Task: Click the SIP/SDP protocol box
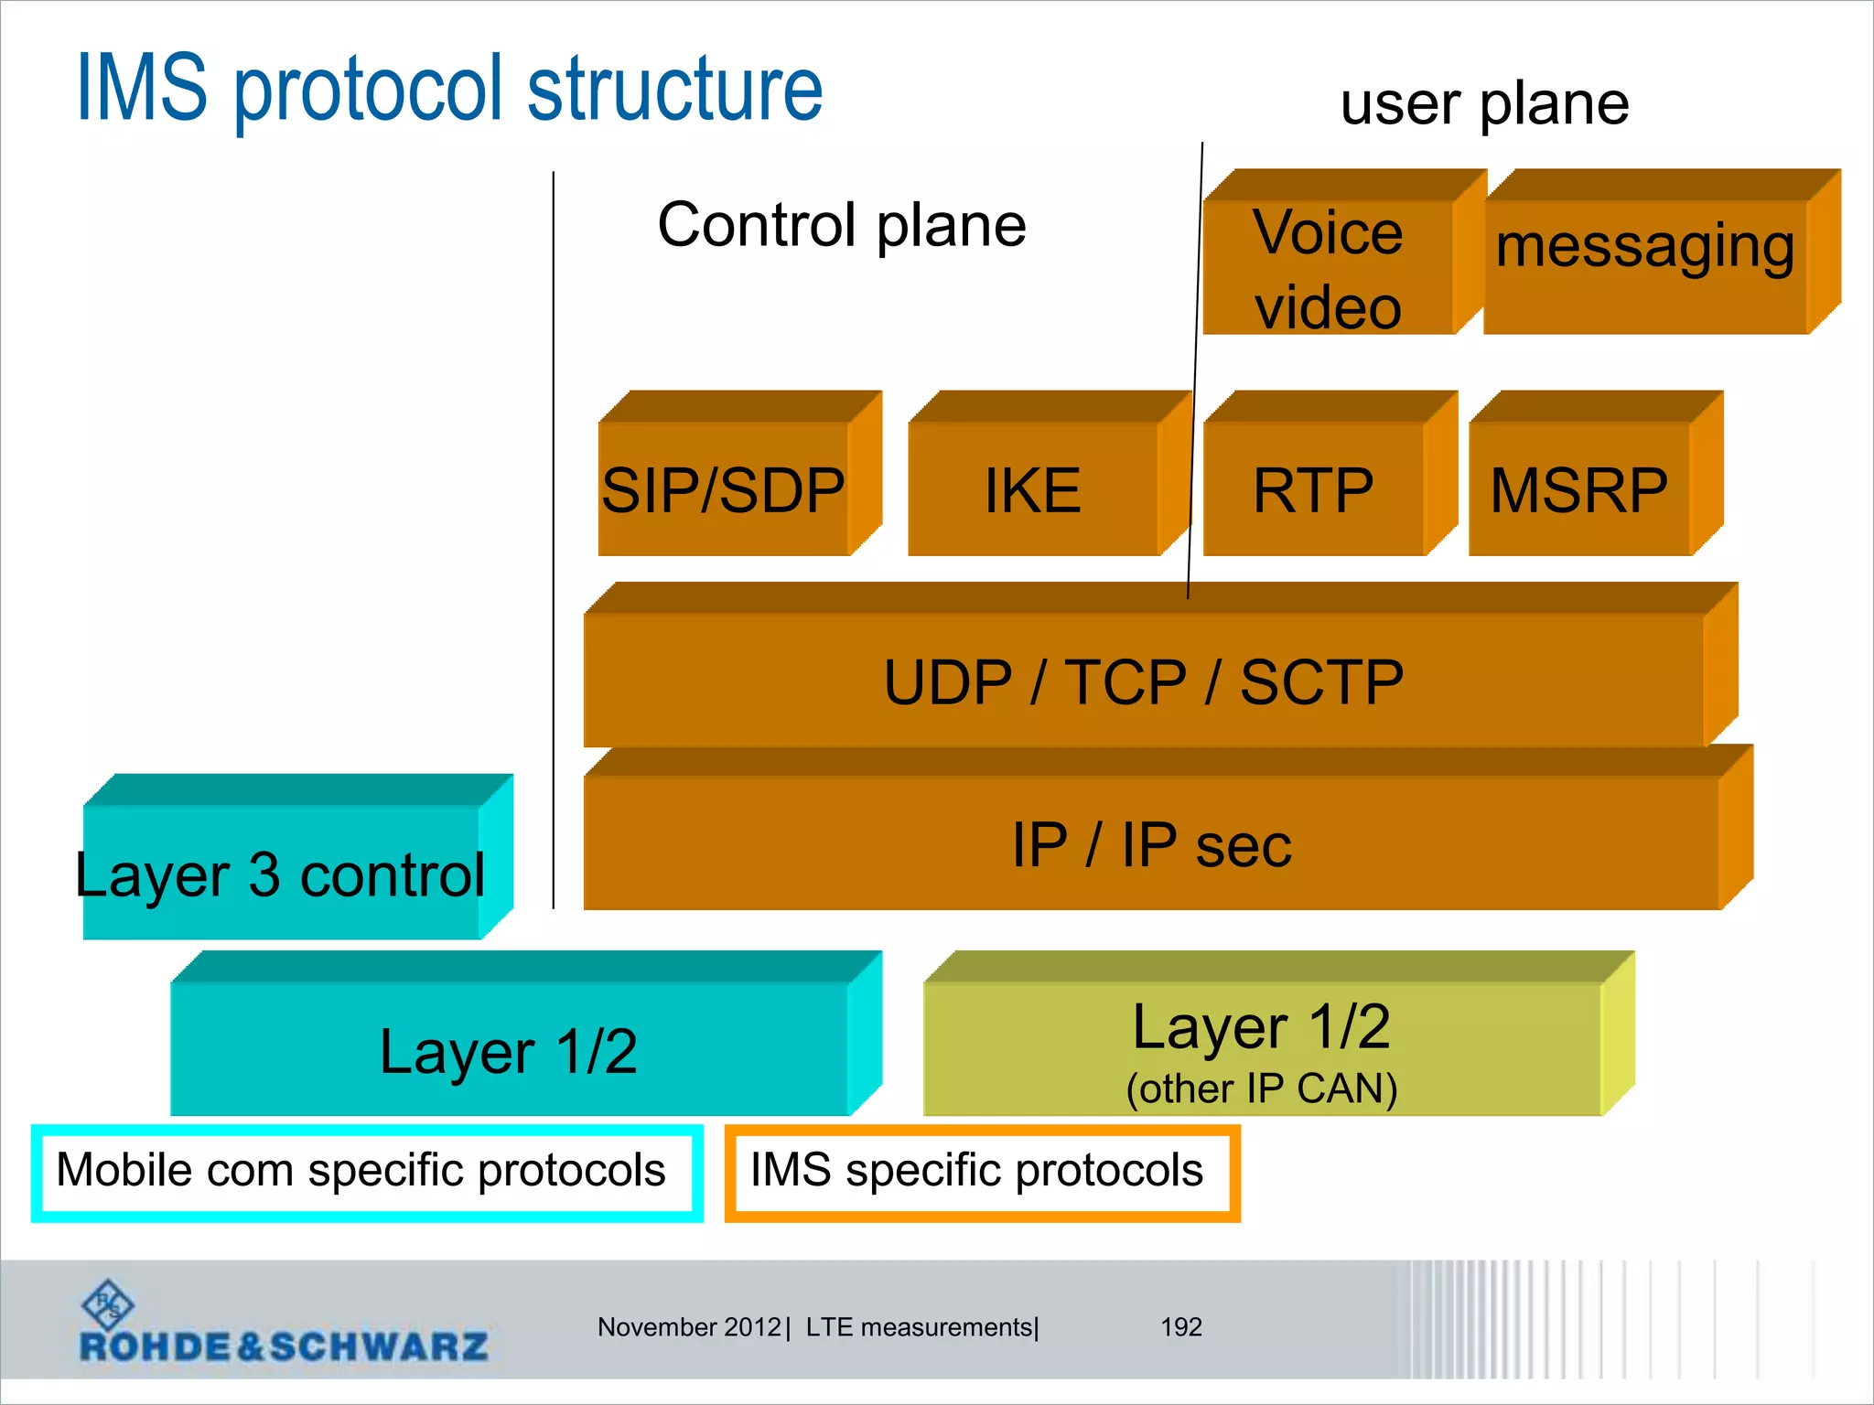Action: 724,489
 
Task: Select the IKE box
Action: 1033,489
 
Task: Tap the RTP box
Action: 1313,489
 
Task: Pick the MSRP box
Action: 1579,489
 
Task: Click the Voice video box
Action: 1328,268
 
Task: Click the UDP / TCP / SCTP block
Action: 1144,681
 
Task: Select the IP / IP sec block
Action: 1151,843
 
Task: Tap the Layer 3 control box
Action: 281,874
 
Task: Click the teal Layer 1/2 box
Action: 509,1050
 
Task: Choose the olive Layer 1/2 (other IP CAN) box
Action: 1262,1050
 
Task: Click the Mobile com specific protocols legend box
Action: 366,1172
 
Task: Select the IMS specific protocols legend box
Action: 982,1172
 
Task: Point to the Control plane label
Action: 842,225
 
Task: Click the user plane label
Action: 1484,103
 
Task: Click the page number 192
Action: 1180,1326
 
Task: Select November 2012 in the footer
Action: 688,1326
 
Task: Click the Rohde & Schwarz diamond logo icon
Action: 108,1304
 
